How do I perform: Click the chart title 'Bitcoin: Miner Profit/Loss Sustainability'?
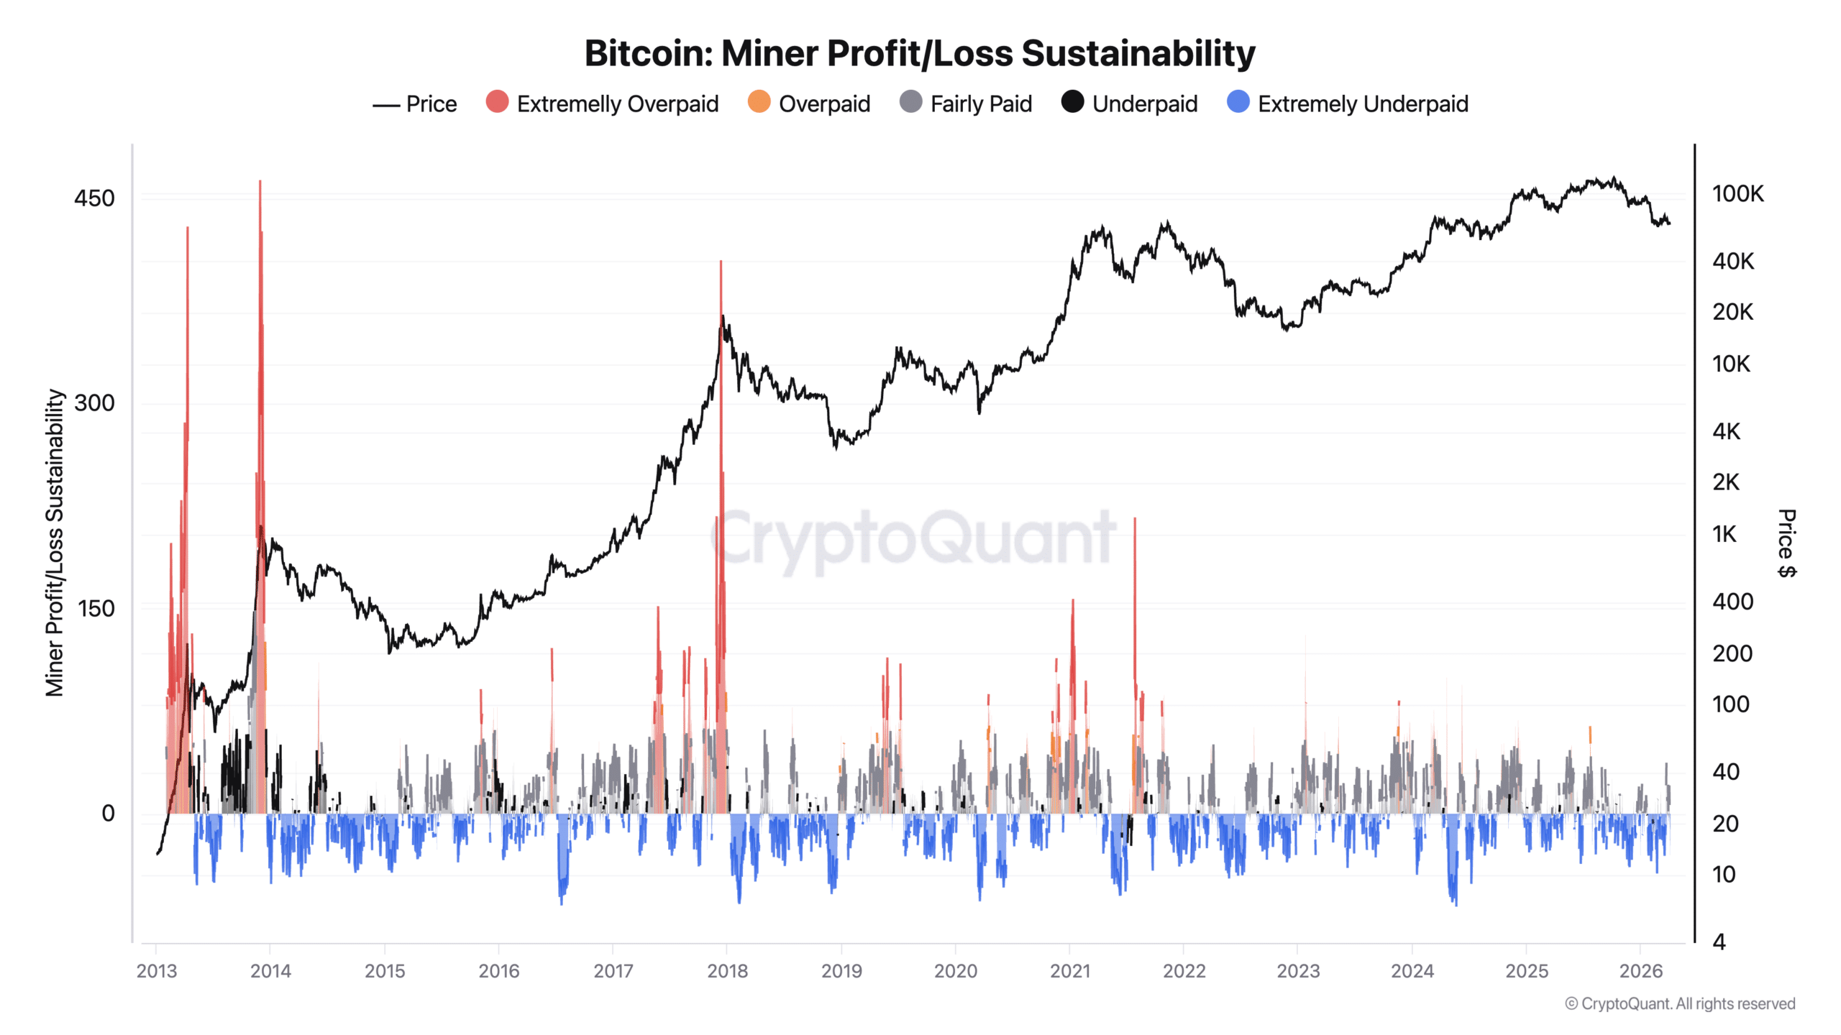point(919,53)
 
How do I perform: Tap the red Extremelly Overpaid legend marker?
point(497,102)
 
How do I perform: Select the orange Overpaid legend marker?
point(759,102)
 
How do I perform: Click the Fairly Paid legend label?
point(981,104)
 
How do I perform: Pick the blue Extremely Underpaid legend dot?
point(1238,102)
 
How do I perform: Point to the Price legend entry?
point(415,104)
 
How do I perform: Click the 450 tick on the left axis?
point(94,198)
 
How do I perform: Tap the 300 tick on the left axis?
point(94,403)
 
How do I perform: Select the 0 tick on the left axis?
point(108,814)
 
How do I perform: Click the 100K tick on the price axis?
point(1737,194)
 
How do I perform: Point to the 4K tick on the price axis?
point(1726,431)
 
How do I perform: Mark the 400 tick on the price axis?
point(1732,602)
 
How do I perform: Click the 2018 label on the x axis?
point(727,971)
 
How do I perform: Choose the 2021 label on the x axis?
point(1069,971)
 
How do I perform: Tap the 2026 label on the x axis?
point(1640,971)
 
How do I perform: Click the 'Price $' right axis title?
point(1786,543)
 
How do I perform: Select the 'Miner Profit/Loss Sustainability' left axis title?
point(55,543)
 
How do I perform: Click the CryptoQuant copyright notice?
point(1680,1004)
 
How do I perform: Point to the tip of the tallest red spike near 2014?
point(260,182)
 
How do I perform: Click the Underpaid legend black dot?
point(1072,102)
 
